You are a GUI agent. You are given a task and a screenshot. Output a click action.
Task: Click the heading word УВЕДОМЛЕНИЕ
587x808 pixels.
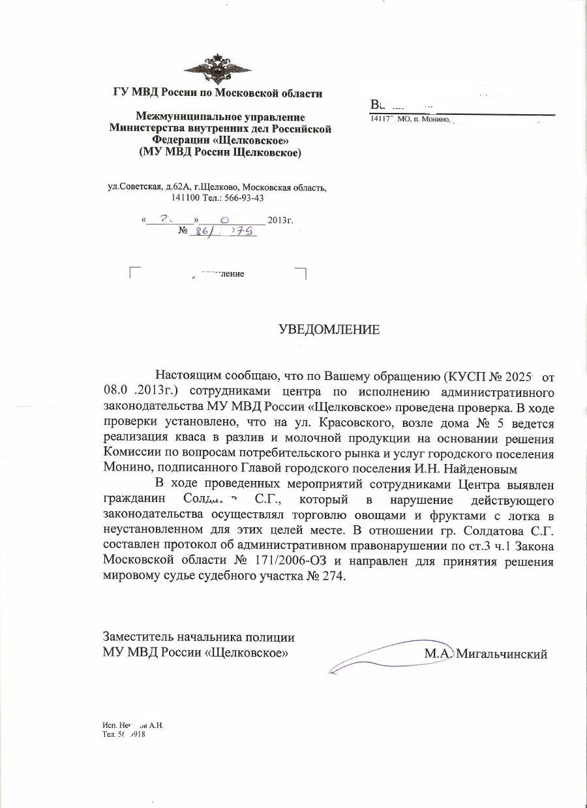coord(329,329)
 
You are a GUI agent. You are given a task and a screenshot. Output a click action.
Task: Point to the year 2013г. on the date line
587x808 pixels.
coord(280,220)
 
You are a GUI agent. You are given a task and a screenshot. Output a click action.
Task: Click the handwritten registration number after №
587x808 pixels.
coord(222,232)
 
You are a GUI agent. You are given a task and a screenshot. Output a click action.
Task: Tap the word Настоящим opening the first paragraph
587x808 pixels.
coord(189,376)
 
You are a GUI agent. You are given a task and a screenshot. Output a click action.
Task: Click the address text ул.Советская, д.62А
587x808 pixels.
coord(145,187)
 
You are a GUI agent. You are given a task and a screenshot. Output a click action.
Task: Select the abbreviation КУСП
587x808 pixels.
coord(466,376)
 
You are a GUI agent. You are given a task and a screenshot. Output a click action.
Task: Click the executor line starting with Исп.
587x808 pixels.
coord(134,725)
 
